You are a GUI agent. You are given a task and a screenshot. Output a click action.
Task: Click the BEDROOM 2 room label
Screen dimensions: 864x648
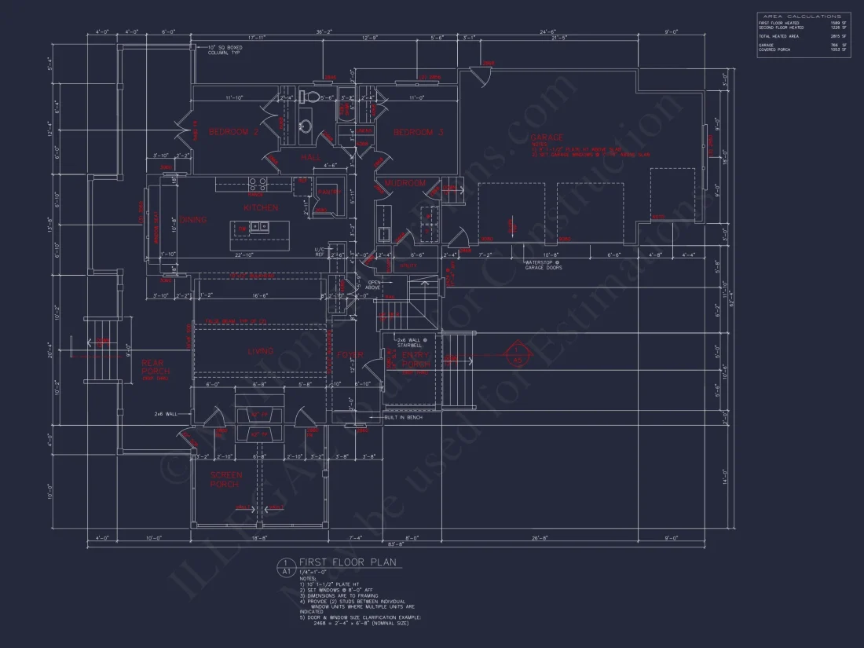pos(233,132)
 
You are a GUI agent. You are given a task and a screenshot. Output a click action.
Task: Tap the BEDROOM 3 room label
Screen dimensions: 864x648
pos(419,132)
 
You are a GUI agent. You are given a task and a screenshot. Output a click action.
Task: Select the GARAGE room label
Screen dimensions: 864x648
pos(547,137)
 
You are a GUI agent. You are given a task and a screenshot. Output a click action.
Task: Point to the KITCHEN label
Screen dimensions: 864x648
pos(260,208)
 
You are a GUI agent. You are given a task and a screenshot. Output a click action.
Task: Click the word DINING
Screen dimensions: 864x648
pos(193,220)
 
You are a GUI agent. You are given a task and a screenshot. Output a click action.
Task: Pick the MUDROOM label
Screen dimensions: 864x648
pos(405,183)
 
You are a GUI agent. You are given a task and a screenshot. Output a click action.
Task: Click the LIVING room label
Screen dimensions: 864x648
pos(260,352)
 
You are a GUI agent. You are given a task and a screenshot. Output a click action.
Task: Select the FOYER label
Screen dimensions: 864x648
pos(350,355)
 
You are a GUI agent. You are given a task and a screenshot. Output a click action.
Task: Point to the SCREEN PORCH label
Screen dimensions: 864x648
pos(226,479)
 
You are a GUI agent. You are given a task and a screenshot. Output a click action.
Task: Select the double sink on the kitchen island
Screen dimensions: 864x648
pos(258,228)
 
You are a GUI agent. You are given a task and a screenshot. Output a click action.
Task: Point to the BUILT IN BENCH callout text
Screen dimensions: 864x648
pos(404,418)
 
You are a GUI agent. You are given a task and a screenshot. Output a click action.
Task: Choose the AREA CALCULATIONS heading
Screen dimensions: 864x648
pos(802,16)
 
